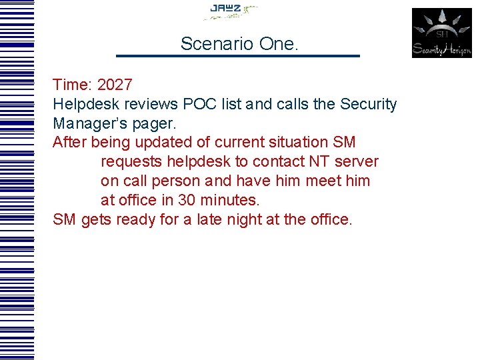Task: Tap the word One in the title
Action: pyautogui.click(x=278, y=44)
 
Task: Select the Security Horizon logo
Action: pyautogui.click(x=441, y=33)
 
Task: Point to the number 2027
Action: pyautogui.click(x=115, y=85)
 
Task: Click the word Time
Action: pyautogui.click(x=71, y=85)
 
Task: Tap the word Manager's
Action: pyautogui.click(x=88, y=124)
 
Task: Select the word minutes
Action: pyautogui.click(x=227, y=200)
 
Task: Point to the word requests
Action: pyautogui.click(x=131, y=162)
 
